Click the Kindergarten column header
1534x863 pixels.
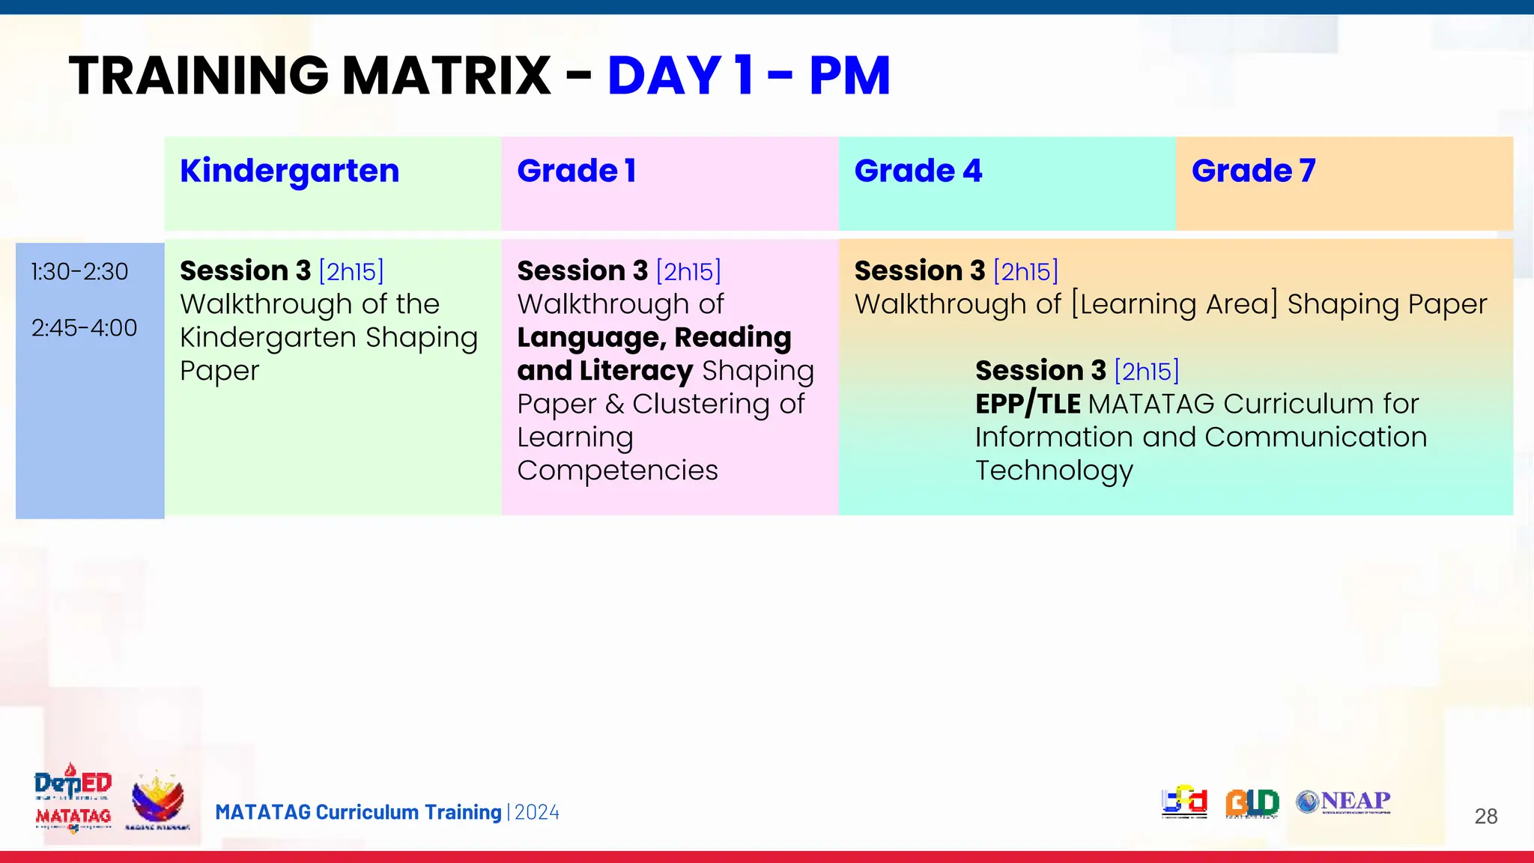pyautogui.click(x=289, y=172)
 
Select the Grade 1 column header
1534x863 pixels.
pyautogui.click(x=576, y=172)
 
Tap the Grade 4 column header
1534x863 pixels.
pyautogui.click(x=918, y=172)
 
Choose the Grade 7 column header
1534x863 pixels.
pyautogui.click(x=1253, y=172)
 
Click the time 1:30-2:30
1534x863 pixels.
pyautogui.click(x=79, y=272)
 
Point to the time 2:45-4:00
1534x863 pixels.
pyautogui.click(x=84, y=328)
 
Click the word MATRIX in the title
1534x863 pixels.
pyautogui.click(x=446, y=76)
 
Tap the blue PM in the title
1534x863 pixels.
pyautogui.click(x=849, y=76)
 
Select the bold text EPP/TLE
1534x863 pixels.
pyautogui.click(x=1027, y=405)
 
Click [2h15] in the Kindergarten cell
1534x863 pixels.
pyautogui.click(x=351, y=271)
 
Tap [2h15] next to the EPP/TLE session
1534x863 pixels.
pyautogui.click(x=1146, y=372)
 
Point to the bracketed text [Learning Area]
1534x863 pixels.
pyautogui.click(x=1174, y=304)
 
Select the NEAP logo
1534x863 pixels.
pyautogui.click(x=1344, y=802)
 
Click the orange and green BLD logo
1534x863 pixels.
pyautogui.click(x=1252, y=803)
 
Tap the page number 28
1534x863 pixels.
pyautogui.click(x=1485, y=817)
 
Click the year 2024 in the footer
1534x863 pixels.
pyautogui.click(x=537, y=813)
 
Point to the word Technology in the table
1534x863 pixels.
pyautogui.click(x=1054, y=471)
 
